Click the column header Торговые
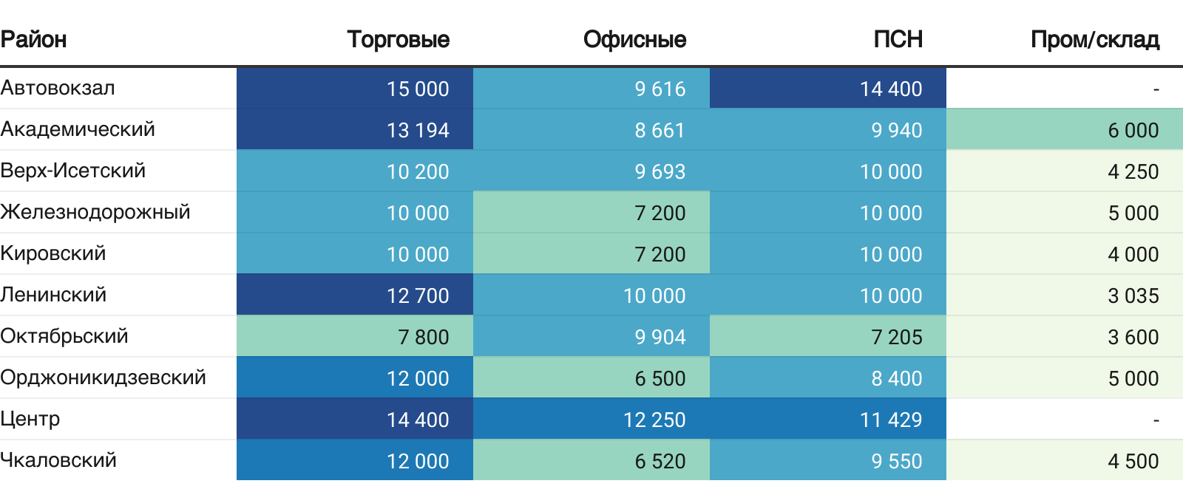pos(398,39)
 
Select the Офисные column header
pos(634,39)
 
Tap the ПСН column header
pos(898,39)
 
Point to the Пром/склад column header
pos(1094,39)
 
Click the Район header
pos(34,39)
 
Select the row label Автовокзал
pos(58,88)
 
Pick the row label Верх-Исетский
pos(73,171)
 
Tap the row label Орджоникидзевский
pos(103,377)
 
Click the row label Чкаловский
pos(58,460)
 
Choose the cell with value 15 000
pos(418,89)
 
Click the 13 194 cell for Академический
pos(418,130)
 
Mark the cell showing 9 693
pos(660,171)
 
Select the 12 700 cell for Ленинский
pos(418,295)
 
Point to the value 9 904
pos(660,337)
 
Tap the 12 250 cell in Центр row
pos(654,420)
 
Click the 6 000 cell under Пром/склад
pos(1133,130)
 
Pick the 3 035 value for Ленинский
pos(1133,295)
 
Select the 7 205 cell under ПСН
pos(896,337)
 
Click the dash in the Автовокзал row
pos(1156,89)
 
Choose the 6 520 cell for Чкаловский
pos(660,461)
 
